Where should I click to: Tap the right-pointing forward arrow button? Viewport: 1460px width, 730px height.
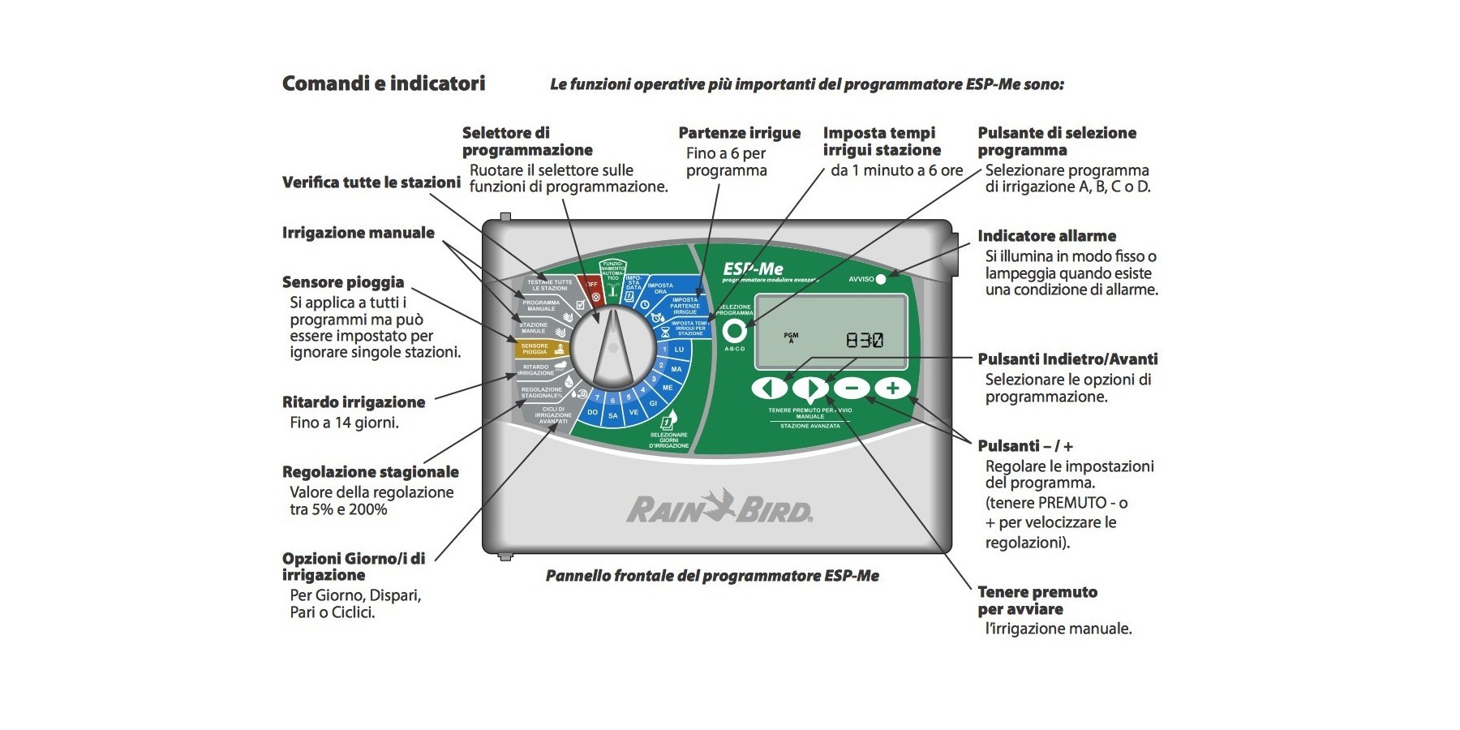click(x=810, y=388)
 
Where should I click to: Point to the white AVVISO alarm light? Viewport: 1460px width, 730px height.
click(x=881, y=279)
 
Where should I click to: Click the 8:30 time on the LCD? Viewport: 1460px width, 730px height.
click(x=865, y=340)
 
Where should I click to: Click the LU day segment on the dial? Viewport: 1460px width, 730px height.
click(x=679, y=350)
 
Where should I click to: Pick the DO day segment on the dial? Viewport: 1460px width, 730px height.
click(x=593, y=411)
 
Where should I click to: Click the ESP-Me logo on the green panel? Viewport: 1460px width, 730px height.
click(x=754, y=268)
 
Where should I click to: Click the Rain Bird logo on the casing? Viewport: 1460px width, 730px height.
click(x=719, y=508)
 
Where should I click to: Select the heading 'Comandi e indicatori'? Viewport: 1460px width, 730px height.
click(x=384, y=84)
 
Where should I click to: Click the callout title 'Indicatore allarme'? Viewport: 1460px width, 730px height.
click(x=1046, y=236)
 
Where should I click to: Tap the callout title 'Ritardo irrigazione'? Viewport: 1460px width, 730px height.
click(x=354, y=402)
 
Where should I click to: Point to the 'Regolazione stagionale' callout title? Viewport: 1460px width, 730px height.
click(x=371, y=472)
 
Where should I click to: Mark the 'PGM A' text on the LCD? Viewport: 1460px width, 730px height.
click(x=791, y=337)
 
